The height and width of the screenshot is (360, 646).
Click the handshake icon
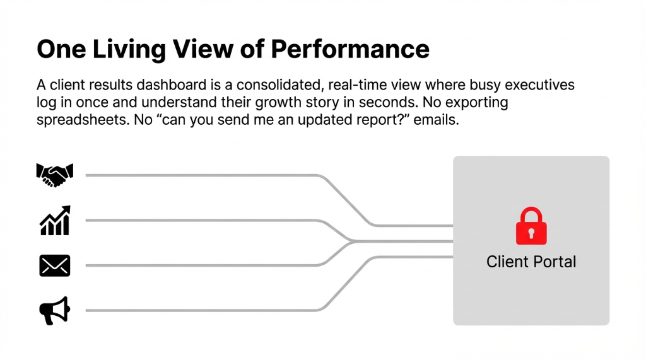55,175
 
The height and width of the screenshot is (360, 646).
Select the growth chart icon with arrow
55,221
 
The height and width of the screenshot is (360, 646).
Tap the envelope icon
55,265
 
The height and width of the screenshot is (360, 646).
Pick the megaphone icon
55,311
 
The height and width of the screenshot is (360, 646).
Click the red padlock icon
531,226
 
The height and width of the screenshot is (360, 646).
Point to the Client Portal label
531,262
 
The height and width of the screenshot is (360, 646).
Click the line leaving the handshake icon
202,175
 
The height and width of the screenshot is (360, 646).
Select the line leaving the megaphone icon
202,311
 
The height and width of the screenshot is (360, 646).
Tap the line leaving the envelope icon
202,265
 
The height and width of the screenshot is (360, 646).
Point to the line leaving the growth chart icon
202,221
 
